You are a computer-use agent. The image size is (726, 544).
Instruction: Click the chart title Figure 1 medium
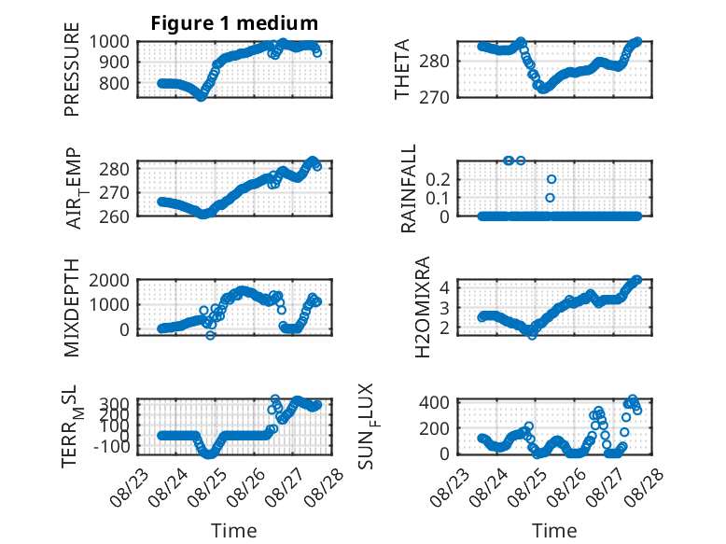[234, 23]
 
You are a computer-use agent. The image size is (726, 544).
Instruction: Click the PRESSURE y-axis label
[72, 69]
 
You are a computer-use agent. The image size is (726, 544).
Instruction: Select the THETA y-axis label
[402, 69]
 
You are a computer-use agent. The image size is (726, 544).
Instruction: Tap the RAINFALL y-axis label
[409, 188]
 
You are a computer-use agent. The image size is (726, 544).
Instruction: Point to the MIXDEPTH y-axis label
[72, 308]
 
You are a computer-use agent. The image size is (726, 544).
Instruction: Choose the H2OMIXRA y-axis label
[423, 307]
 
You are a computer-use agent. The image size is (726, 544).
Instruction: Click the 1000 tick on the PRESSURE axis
[109, 42]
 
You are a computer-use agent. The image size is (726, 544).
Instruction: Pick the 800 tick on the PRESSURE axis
[115, 84]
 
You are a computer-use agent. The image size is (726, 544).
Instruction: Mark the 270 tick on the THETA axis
[434, 98]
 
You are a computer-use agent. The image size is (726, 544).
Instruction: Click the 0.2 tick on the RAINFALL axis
[438, 180]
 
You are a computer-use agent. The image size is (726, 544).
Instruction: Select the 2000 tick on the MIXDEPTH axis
[109, 280]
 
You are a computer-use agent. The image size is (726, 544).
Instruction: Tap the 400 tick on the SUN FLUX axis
[434, 402]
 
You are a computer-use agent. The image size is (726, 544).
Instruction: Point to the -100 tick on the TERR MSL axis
[112, 447]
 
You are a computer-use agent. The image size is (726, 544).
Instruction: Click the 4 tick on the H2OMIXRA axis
[444, 287]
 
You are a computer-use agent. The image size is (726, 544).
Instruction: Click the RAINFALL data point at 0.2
[551, 179]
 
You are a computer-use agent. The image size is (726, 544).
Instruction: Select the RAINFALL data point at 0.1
[550, 198]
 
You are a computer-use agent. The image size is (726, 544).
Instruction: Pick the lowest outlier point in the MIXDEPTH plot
[210, 335]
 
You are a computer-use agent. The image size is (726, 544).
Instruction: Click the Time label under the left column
[234, 531]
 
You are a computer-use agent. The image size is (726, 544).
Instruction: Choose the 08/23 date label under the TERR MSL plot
[130, 486]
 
